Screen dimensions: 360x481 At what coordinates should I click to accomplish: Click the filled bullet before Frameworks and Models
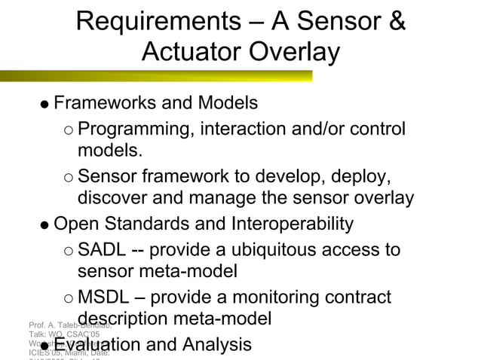pos(44,103)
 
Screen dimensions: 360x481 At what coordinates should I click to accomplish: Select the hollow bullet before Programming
pos(69,130)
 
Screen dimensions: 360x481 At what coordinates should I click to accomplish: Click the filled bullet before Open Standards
pos(44,224)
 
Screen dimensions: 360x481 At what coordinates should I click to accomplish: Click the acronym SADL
pos(103,249)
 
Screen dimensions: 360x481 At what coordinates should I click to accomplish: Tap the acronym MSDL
pos(106,297)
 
